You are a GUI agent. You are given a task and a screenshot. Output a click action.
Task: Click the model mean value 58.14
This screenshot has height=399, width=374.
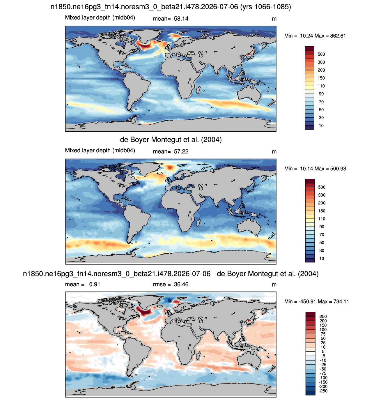tap(181, 19)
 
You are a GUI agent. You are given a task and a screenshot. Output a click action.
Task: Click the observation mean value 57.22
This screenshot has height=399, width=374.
tap(181, 151)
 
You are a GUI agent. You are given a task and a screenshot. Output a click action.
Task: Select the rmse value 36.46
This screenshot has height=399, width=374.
tap(181, 284)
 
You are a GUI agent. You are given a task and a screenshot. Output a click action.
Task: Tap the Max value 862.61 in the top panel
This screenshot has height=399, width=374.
tap(338, 36)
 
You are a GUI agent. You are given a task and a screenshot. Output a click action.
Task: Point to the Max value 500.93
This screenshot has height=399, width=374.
tap(338, 169)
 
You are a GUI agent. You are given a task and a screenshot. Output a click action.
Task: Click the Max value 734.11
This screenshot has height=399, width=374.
tap(341, 301)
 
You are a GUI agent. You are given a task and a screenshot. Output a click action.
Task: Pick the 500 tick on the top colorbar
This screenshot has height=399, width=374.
tap(321, 54)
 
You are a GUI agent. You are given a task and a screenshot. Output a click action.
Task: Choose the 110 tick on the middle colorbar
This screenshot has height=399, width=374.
tap(322, 219)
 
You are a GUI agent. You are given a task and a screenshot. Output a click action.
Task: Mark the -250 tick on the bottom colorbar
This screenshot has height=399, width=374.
tap(323, 391)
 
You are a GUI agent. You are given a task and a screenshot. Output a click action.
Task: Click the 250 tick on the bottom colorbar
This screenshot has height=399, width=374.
tap(323, 316)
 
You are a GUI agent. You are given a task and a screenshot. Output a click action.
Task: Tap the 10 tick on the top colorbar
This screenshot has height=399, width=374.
tap(321, 126)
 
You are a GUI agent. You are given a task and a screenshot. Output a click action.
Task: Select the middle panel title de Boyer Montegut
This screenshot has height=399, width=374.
tap(171, 140)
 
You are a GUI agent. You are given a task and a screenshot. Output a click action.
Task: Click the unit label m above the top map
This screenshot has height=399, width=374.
tap(274, 19)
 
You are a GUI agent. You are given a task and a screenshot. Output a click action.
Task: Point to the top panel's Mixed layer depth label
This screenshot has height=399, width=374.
tap(100, 18)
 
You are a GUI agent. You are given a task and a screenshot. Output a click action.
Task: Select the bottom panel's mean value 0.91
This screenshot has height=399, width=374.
tap(95, 284)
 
